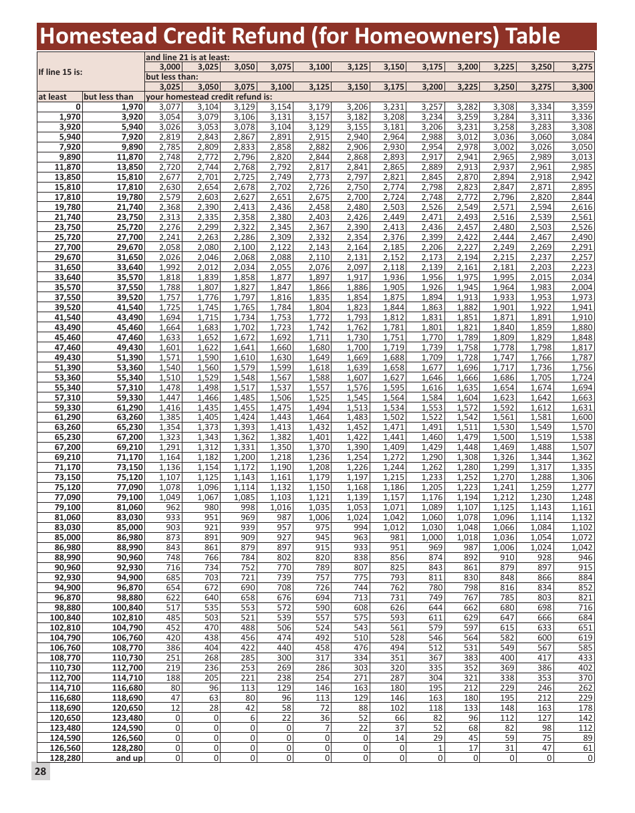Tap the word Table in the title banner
point(527,35)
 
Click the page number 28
point(40,772)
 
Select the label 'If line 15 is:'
point(65,72)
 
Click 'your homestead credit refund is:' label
point(213,96)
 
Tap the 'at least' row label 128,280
point(66,758)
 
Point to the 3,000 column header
point(170,67)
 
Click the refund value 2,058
point(170,247)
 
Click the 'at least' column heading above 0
point(53,96)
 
